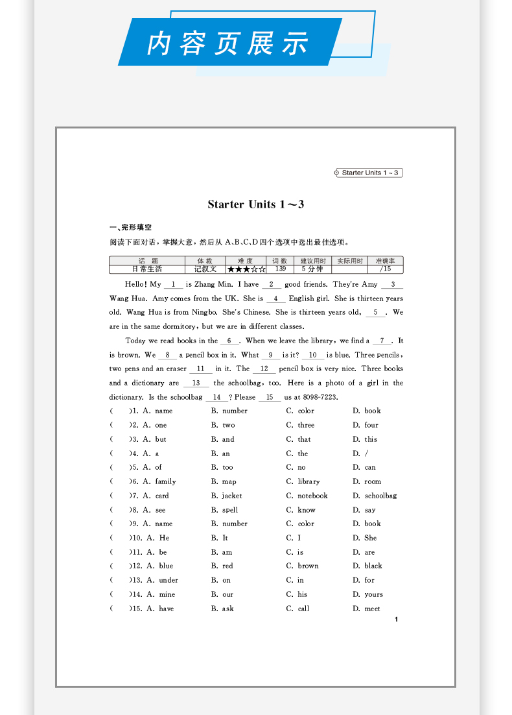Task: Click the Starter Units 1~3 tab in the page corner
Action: pos(370,173)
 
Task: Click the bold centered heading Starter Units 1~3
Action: pos(256,204)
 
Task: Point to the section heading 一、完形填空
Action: pos(131,228)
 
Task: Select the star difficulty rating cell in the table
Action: pos(246,269)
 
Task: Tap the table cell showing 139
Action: pos(280,269)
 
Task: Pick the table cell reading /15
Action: pos(385,269)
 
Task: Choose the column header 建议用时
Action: pos(312,261)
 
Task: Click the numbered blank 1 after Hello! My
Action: pos(174,285)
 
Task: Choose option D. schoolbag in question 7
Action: pos(375,496)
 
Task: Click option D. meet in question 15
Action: pos(367,609)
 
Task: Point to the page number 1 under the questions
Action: pos(396,620)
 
